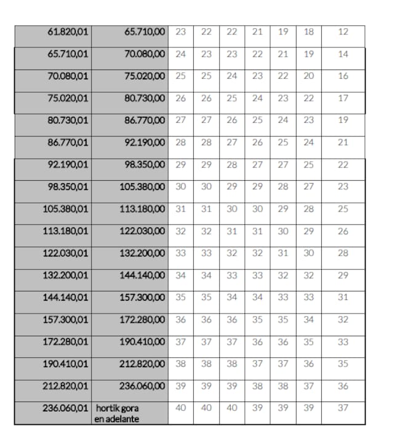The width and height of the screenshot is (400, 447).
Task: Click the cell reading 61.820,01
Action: pyautogui.click(x=68, y=31)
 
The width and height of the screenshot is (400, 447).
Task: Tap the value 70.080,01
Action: pyautogui.click(x=68, y=76)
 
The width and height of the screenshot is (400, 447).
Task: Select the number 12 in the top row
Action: pyautogui.click(x=343, y=31)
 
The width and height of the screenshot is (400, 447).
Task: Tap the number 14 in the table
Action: pyautogui.click(x=343, y=53)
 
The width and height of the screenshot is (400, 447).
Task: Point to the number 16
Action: pyautogui.click(x=343, y=76)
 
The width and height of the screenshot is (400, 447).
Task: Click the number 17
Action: pyautogui.click(x=343, y=98)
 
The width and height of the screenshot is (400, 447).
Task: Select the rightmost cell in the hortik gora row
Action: pyautogui.click(x=343, y=408)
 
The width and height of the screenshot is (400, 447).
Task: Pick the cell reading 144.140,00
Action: pyautogui.click(x=143, y=275)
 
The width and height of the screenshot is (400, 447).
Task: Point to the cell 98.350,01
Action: pyautogui.click(x=68, y=186)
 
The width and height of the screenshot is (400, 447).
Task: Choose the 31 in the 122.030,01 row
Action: pyautogui.click(x=283, y=253)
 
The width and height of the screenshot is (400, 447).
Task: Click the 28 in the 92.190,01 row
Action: pyautogui.click(x=232, y=164)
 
